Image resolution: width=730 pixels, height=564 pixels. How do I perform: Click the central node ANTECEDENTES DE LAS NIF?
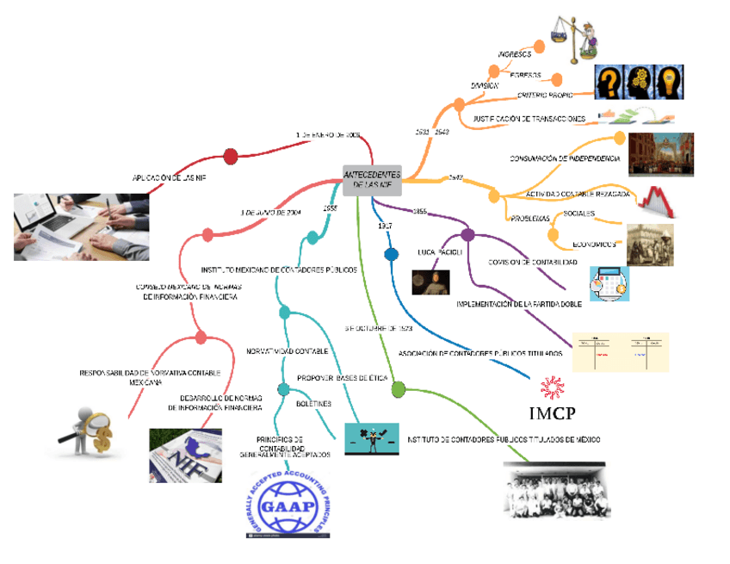click(x=372, y=179)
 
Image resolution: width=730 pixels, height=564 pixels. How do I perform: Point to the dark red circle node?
click(x=230, y=156)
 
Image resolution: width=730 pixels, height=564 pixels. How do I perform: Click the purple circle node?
click(x=467, y=234)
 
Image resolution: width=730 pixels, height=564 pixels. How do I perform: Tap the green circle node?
click(x=398, y=390)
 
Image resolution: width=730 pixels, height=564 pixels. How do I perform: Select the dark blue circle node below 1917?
click(x=392, y=254)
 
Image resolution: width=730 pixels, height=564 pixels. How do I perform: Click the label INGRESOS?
click(x=514, y=54)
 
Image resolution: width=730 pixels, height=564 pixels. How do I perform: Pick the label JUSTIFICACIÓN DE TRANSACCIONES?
click(x=529, y=118)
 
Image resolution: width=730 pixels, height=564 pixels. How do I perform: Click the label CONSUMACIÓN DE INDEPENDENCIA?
click(x=564, y=158)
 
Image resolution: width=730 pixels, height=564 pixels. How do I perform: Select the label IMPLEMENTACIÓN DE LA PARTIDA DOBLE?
click(x=519, y=304)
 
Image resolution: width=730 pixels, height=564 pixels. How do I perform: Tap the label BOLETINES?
click(x=313, y=403)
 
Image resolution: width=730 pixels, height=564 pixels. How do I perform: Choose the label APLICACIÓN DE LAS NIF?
click(x=170, y=177)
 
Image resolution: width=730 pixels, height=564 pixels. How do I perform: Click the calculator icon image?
click(x=609, y=283)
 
